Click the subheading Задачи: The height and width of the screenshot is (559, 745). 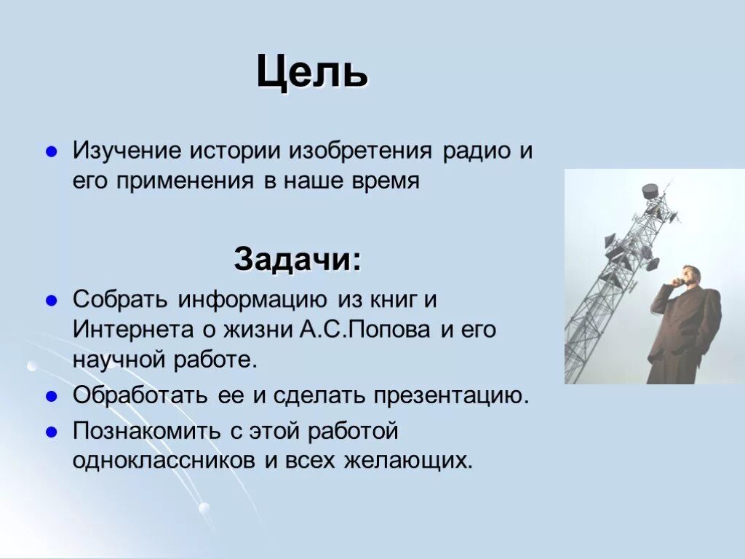[x=296, y=258]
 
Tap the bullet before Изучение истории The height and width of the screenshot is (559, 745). [x=52, y=152]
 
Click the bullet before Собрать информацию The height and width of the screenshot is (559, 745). [x=52, y=299]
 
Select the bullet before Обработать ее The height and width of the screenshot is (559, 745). [x=52, y=397]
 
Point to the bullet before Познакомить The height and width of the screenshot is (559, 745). [x=52, y=431]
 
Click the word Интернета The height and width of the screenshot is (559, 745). [x=131, y=329]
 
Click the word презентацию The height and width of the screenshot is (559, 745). [x=450, y=397]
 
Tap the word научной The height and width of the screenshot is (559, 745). [x=116, y=359]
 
